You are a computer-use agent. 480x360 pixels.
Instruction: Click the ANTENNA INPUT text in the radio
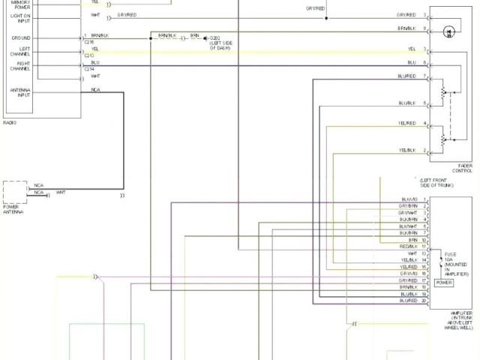tap(19, 94)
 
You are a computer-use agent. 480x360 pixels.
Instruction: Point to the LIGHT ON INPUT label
tap(20, 17)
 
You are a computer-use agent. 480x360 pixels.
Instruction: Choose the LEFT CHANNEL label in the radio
tap(20, 51)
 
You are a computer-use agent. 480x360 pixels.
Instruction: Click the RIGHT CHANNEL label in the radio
tap(20, 66)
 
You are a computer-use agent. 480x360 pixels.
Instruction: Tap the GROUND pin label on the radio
tap(21, 37)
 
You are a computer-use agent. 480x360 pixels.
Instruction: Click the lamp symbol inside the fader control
tap(449, 31)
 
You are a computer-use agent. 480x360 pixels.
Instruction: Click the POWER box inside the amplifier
tap(444, 283)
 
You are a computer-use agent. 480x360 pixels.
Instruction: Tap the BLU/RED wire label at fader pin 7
tap(407, 76)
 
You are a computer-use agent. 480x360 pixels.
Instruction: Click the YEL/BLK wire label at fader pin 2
tap(407, 150)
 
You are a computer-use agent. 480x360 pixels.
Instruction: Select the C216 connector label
tap(89, 42)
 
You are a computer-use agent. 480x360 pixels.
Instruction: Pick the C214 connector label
tap(89, 69)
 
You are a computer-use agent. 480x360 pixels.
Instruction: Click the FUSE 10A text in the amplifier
tap(450, 258)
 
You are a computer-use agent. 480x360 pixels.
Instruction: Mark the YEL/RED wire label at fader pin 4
tap(407, 122)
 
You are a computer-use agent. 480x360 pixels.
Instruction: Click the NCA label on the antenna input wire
tap(95, 89)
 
